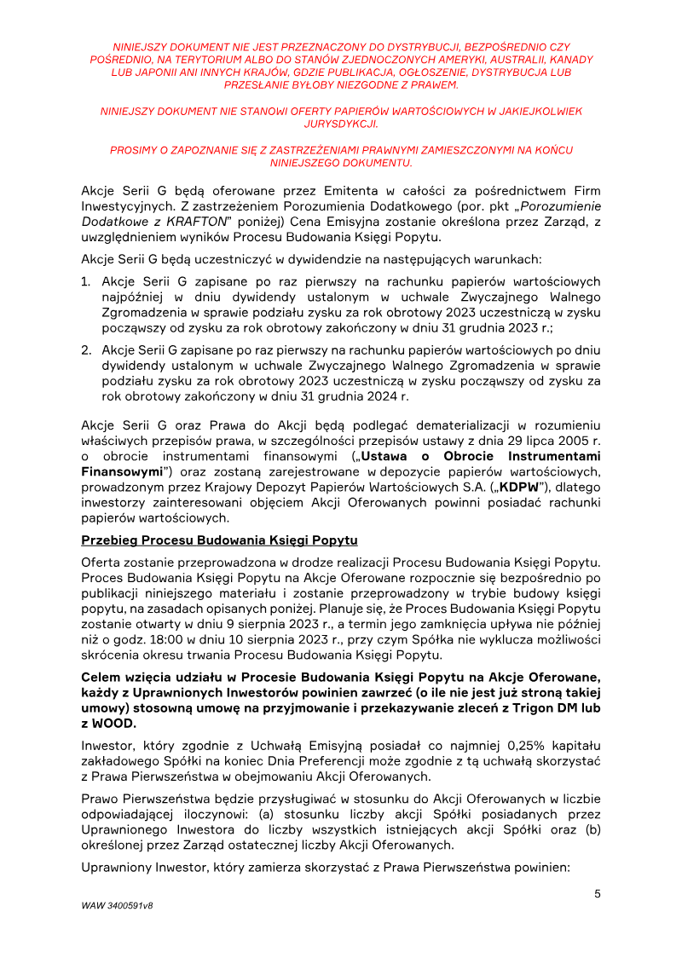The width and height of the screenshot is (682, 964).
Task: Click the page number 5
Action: (598, 893)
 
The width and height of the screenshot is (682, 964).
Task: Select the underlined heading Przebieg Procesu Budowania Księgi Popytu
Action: (219, 540)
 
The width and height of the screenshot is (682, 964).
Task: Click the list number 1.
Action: (86, 281)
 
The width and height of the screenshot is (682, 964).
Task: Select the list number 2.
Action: (86, 350)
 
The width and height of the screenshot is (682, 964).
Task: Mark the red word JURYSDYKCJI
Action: (340, 123)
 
